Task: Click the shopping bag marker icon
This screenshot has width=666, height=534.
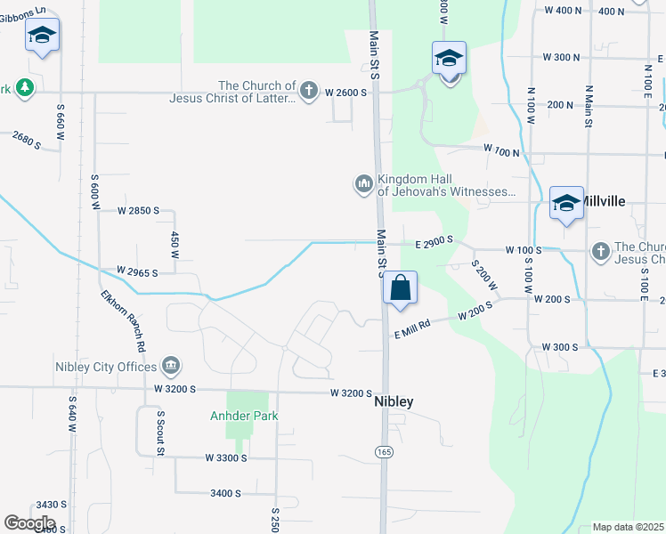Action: point(401,288)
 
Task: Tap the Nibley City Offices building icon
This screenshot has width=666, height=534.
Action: point(171,365)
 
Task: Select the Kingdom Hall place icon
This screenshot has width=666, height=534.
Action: point(363,184)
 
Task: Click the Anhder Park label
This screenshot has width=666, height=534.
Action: point(244,416)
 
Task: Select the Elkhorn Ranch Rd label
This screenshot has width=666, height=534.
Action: point(122,320)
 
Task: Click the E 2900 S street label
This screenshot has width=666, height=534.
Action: point(434,240)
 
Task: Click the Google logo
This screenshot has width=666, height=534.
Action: point(29,523)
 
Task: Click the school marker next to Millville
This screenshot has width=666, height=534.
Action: point(566,203)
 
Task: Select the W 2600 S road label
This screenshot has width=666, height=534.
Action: point(346,92)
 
